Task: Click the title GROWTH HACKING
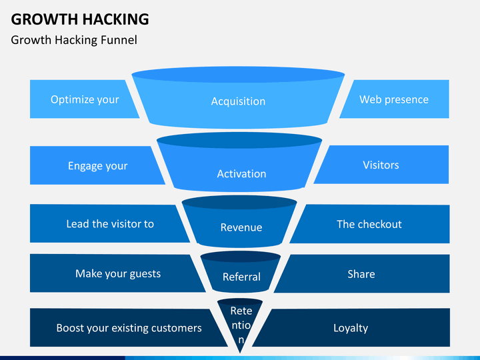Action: [80, 19]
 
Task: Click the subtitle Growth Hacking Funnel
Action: [74, 40]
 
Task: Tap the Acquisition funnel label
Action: [238, 101]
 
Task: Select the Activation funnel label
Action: [241, 173]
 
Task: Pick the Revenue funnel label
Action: [241, 227]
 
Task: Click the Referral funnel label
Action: [241, 277]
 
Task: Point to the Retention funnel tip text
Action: [241, 325]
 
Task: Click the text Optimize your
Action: [85, 99]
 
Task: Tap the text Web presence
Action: [394, 99]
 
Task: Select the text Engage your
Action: [97, 165]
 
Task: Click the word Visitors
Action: [381, 165]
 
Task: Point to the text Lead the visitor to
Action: [110, 224]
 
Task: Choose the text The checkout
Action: [369, 224]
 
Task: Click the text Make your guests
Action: [118, 273]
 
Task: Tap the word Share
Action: [361, 274]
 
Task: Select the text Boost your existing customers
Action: [129, 328]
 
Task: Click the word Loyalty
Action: [351, 328]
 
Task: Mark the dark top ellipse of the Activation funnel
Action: [239, 141]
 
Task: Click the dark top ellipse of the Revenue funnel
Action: [239, 202]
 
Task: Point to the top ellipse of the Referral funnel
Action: [240, 256]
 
